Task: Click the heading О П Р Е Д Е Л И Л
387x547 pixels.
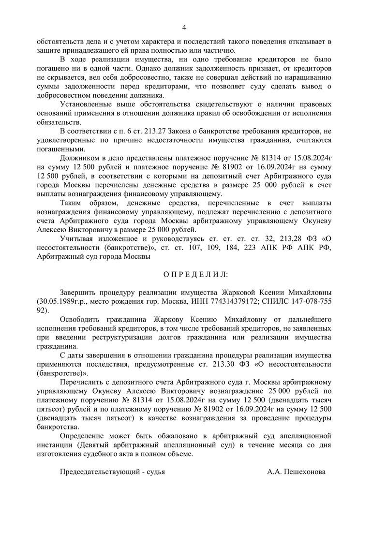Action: tap(195, 274)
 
